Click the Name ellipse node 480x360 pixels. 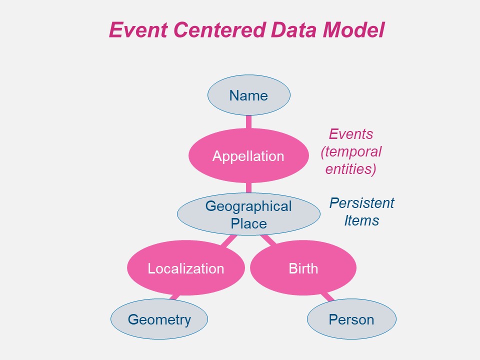[249, 95]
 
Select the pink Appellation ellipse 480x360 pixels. [248, 156]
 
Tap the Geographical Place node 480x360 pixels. [248, 214]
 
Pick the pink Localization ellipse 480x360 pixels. [186, 268]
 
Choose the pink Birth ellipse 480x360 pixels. [303, 268]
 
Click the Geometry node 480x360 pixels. [159, 319]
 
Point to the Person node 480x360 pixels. [351, 319]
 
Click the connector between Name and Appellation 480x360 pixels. [248, 122]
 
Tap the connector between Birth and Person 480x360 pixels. [327, 296]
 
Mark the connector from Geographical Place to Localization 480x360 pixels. [228, 240]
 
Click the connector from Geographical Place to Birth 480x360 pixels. [268, 239]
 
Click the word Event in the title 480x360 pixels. [138, 30]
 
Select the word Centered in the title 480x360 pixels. [219, 30]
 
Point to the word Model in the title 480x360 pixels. [353, 30]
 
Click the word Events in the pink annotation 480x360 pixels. [351, 134]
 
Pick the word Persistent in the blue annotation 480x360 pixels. [362, 203]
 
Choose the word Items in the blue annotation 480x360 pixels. [361, 220]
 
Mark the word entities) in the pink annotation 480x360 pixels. [351, 169]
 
